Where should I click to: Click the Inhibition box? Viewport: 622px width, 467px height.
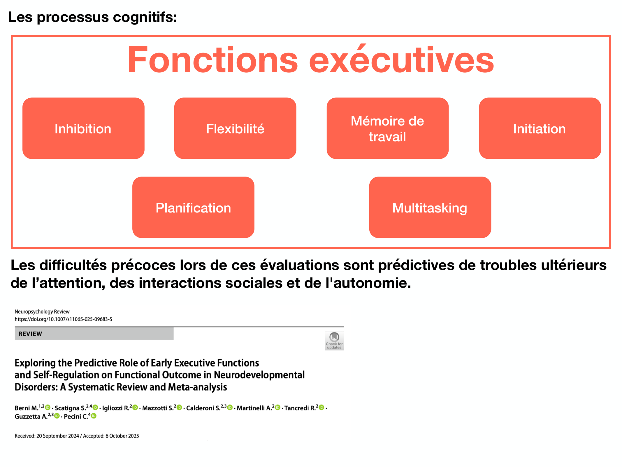83,128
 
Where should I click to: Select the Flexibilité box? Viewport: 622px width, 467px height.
235,128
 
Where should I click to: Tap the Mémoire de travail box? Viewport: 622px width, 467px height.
387,128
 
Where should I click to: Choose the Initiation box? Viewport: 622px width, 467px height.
540,128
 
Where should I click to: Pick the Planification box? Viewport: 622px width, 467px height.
193,208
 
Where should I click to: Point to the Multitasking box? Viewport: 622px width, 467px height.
430,208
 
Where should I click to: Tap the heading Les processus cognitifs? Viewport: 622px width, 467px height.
92,17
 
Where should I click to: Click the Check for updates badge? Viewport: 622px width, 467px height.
334,341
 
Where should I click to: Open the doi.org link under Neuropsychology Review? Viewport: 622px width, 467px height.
63,319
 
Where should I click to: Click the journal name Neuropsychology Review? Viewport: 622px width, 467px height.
42,312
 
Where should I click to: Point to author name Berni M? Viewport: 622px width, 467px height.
27,408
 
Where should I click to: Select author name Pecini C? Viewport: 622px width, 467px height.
76,417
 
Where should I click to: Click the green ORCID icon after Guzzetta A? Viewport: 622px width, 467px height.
57,416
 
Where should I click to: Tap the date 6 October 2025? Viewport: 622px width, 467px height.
122,436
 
